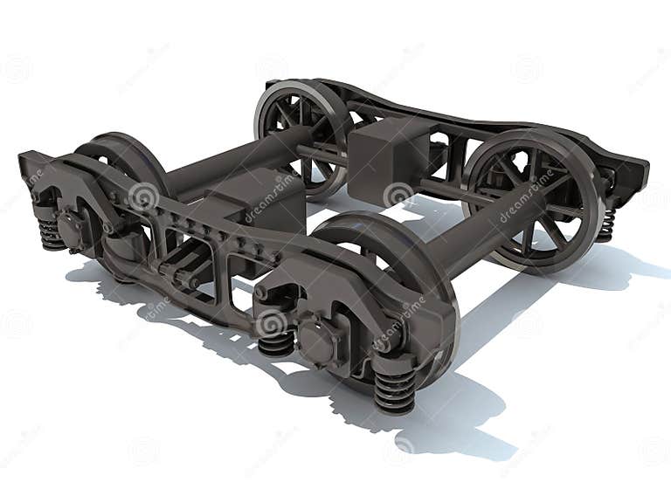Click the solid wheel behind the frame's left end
(x=131, y=162)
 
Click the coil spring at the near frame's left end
(x=50, y=231)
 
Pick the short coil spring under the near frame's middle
(x=275, y=341)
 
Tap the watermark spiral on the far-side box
(x=398, y=194)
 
